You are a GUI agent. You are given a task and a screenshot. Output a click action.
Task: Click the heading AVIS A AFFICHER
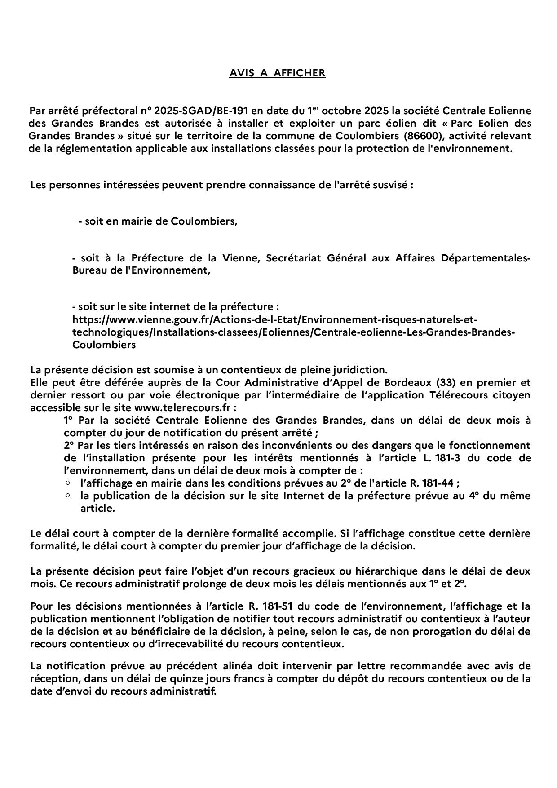pos(277,73)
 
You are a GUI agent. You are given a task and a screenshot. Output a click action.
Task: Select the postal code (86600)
pos(423,136)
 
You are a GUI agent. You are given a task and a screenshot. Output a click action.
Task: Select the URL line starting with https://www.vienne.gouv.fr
pos(274,320)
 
